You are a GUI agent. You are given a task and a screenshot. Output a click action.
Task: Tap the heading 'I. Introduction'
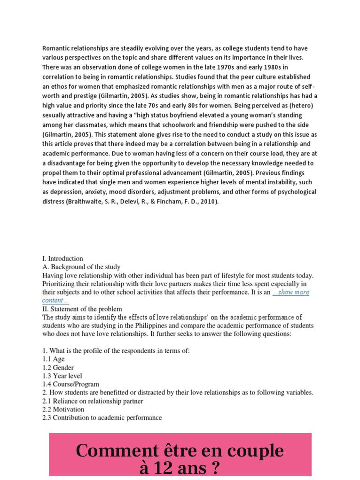(63, 258)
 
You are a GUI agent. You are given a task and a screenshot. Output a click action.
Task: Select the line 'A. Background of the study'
(81, 267)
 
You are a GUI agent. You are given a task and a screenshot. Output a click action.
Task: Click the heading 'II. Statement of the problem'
(82, 309)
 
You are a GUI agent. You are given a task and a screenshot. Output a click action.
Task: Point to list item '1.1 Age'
(54, 359)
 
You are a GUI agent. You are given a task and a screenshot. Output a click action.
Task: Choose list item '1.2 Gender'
(58, 368)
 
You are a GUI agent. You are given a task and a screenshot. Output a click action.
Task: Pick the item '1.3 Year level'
(62, 376)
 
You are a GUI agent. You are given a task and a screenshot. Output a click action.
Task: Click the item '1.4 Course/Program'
(70, 384)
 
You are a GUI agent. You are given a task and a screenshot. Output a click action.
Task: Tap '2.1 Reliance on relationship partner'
(93, 401)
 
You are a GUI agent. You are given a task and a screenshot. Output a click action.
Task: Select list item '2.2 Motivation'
(63, 410)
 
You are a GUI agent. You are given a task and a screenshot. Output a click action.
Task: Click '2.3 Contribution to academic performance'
(102, 418)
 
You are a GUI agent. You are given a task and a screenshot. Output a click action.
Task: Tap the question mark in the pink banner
(214, 468)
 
